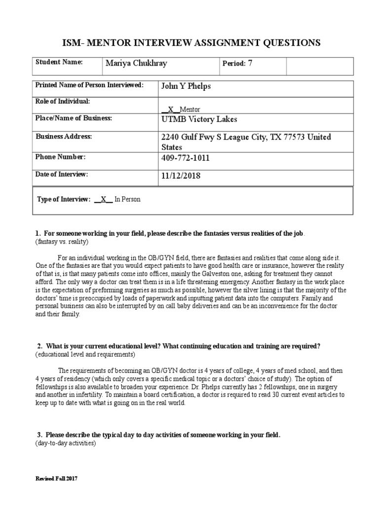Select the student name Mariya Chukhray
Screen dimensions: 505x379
point(136,63)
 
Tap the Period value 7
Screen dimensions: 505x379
point(250,63)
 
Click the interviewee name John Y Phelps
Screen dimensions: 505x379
point(186,86)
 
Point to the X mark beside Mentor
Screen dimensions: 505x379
point(171,109)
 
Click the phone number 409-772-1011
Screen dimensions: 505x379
point(186,158)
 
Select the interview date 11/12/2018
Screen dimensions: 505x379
point(181,176)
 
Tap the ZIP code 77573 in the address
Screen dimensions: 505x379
point(294,137)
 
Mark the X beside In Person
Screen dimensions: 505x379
point(103,200)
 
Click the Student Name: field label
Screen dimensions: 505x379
point(59,62)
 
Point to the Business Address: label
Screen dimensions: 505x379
point(64,136)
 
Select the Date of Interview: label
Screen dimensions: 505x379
point(61,174)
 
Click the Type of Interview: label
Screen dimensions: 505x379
point(64,200)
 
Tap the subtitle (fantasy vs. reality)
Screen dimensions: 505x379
point(62,242)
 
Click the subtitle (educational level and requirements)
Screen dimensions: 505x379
point(84,355)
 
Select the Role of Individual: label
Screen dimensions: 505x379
point(62,101)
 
